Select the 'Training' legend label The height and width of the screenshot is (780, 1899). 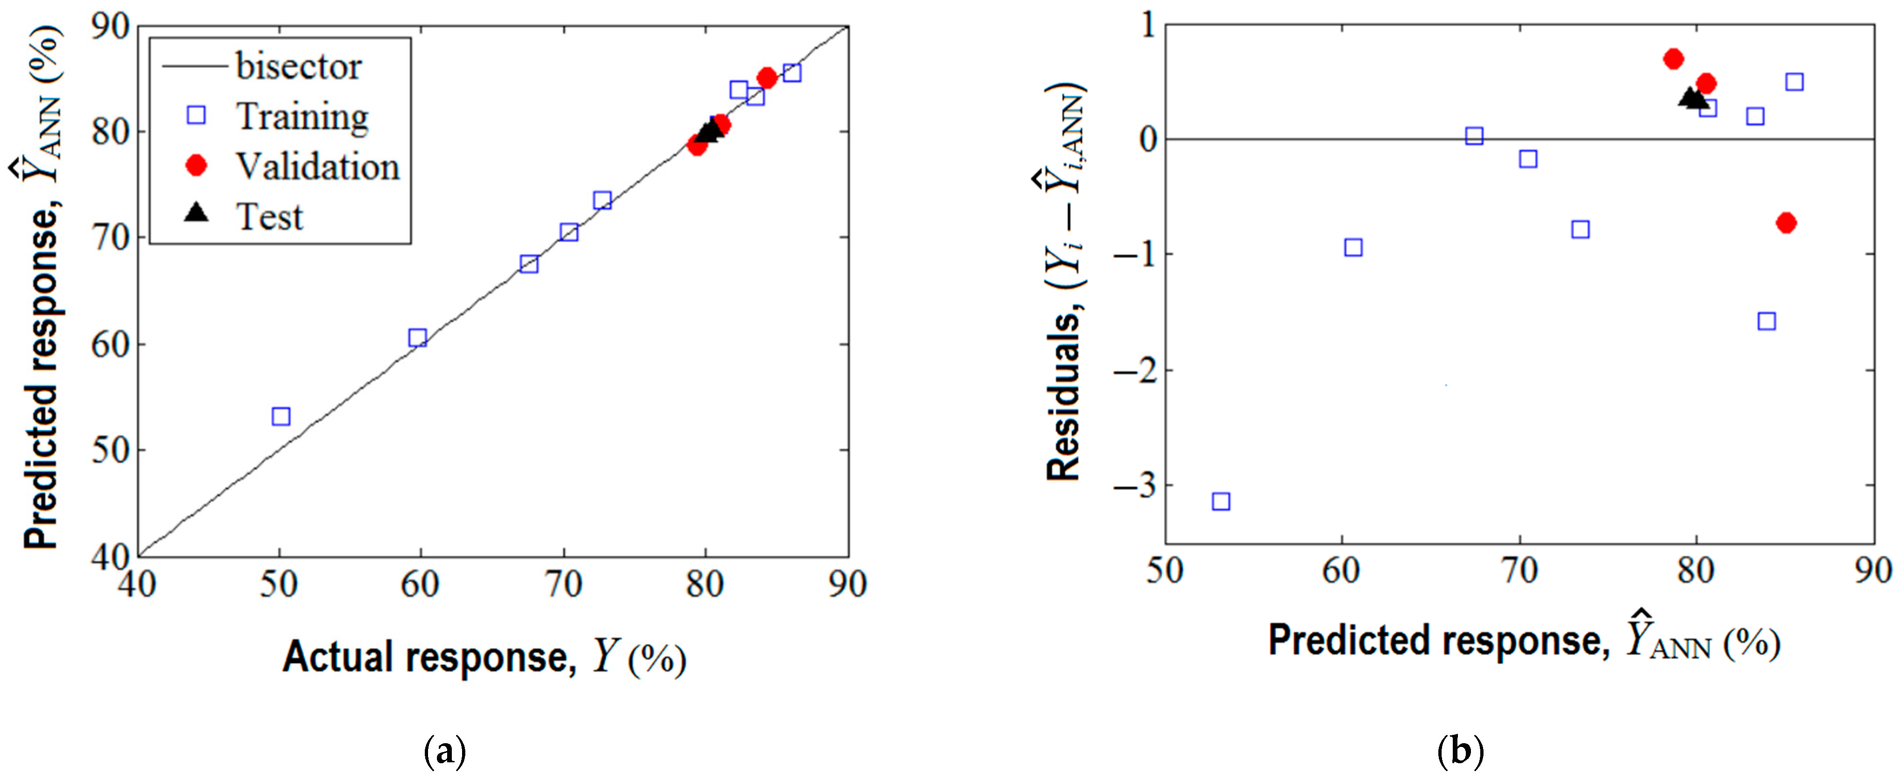coord(302,116)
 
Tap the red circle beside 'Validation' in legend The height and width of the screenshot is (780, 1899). coord(196,166)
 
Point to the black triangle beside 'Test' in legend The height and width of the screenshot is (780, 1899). coord(196,214)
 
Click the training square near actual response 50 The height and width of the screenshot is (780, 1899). coord(281,416)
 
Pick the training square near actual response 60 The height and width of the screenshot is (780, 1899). coord(417,338)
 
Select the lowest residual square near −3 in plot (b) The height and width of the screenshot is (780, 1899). coord(1221,502)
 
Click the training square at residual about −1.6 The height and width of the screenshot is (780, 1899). coord(1766,321)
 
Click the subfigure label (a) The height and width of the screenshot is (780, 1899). coord(445,752)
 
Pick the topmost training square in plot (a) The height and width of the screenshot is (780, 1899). coord(792,73)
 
